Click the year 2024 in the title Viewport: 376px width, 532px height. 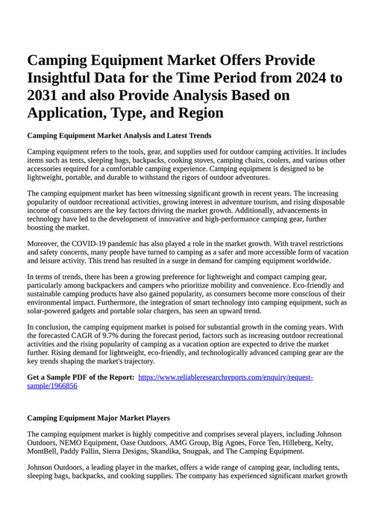coord(310,78)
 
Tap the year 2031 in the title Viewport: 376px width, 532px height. coord(46,96)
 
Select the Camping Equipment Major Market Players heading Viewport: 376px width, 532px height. coord(98,418)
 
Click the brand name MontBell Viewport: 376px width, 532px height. coord(43,451)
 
